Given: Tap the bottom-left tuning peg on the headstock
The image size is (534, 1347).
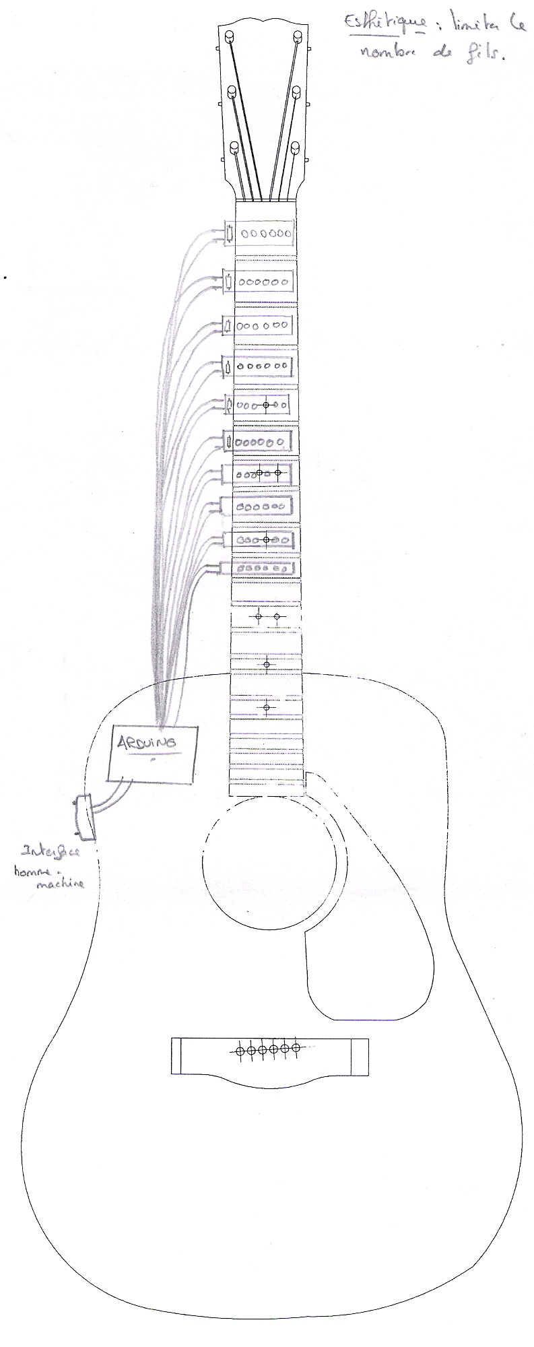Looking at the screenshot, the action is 235,147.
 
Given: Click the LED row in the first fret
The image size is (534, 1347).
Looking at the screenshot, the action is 268,234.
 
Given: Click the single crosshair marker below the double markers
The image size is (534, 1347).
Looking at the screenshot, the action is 267,665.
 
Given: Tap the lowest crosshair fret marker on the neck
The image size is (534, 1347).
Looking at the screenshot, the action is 267,707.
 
